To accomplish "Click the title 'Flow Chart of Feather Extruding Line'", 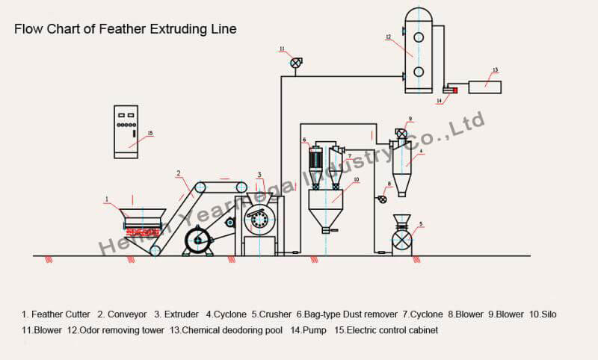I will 126,29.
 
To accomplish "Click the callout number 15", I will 149,134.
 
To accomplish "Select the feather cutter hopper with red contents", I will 142,219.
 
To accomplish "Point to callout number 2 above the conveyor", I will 179,173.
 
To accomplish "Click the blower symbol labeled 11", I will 296,64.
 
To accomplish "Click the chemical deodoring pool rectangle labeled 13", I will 484,87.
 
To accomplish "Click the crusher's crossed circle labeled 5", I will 402,240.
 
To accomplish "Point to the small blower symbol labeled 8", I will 383,199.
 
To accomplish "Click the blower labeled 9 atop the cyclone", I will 401,134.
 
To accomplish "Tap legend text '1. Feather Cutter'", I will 56,314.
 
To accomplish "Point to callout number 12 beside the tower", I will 388,36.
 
